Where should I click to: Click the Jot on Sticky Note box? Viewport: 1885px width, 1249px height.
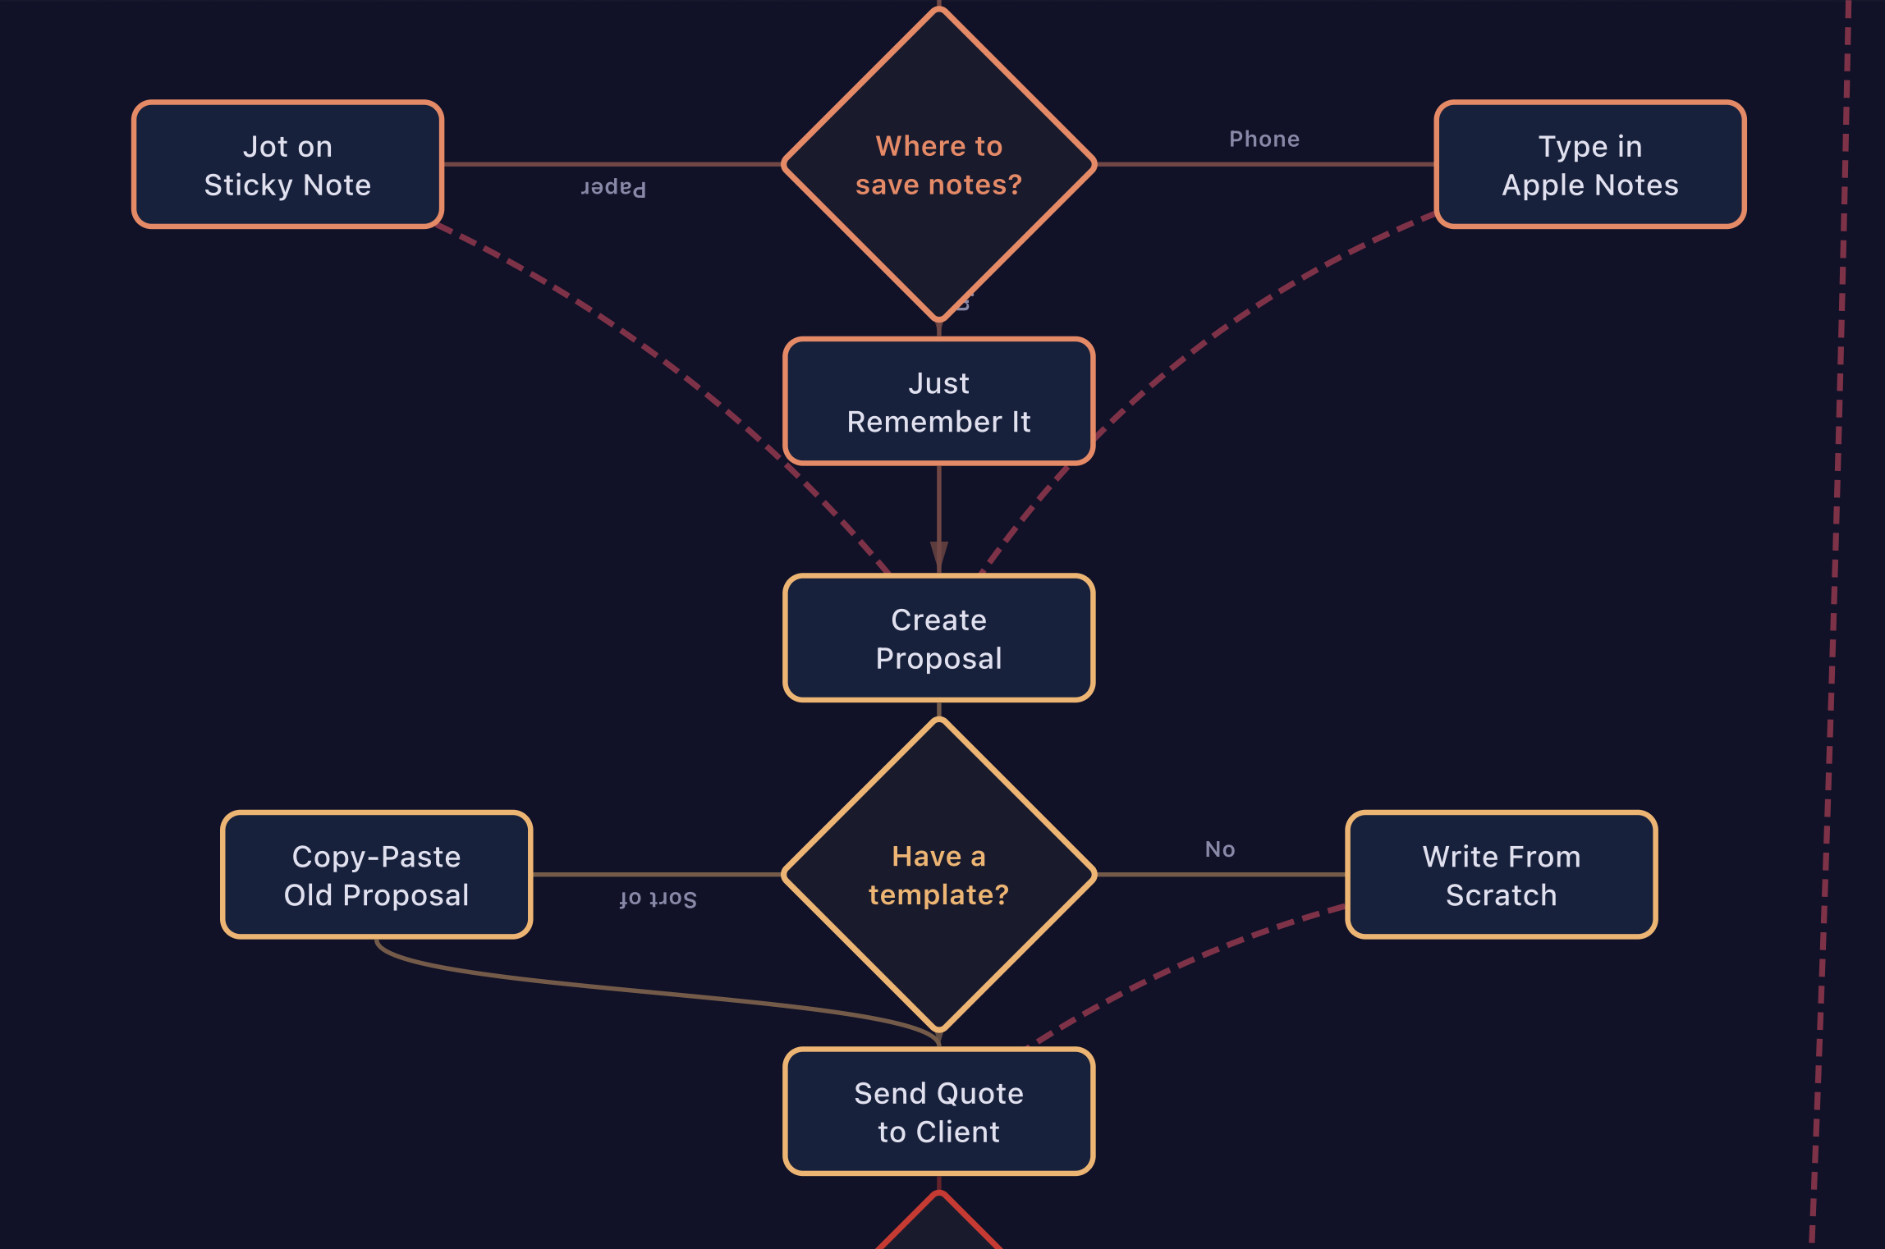click(287, 164)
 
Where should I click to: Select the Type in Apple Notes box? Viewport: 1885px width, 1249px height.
click(1589, 164)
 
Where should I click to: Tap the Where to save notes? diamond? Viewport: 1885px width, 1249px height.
click(938, 164)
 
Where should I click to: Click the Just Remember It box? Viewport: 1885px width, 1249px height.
click(938, 401)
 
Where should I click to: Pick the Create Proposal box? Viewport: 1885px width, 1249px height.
click(938, 638)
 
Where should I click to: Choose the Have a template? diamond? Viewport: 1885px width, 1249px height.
click(938, 875)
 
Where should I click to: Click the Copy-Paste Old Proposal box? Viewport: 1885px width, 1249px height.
click(376, 875)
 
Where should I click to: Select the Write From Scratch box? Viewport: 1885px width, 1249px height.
click(1501, 875)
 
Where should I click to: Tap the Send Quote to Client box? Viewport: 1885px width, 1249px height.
click(938, 1111)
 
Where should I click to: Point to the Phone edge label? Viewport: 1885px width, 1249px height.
click(1264, 139)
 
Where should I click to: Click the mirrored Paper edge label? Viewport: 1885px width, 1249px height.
click(613, 188)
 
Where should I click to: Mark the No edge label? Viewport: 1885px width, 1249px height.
click(1219, 849)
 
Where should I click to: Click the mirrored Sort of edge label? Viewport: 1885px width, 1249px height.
click(658, 899)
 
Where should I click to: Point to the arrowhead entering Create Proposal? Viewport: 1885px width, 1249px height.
click(938, 556)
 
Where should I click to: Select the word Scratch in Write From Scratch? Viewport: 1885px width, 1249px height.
click(1501, 894)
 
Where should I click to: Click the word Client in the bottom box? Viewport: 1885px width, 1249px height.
click(957, 1132)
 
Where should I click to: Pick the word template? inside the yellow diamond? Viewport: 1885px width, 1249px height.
click(938, 894)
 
